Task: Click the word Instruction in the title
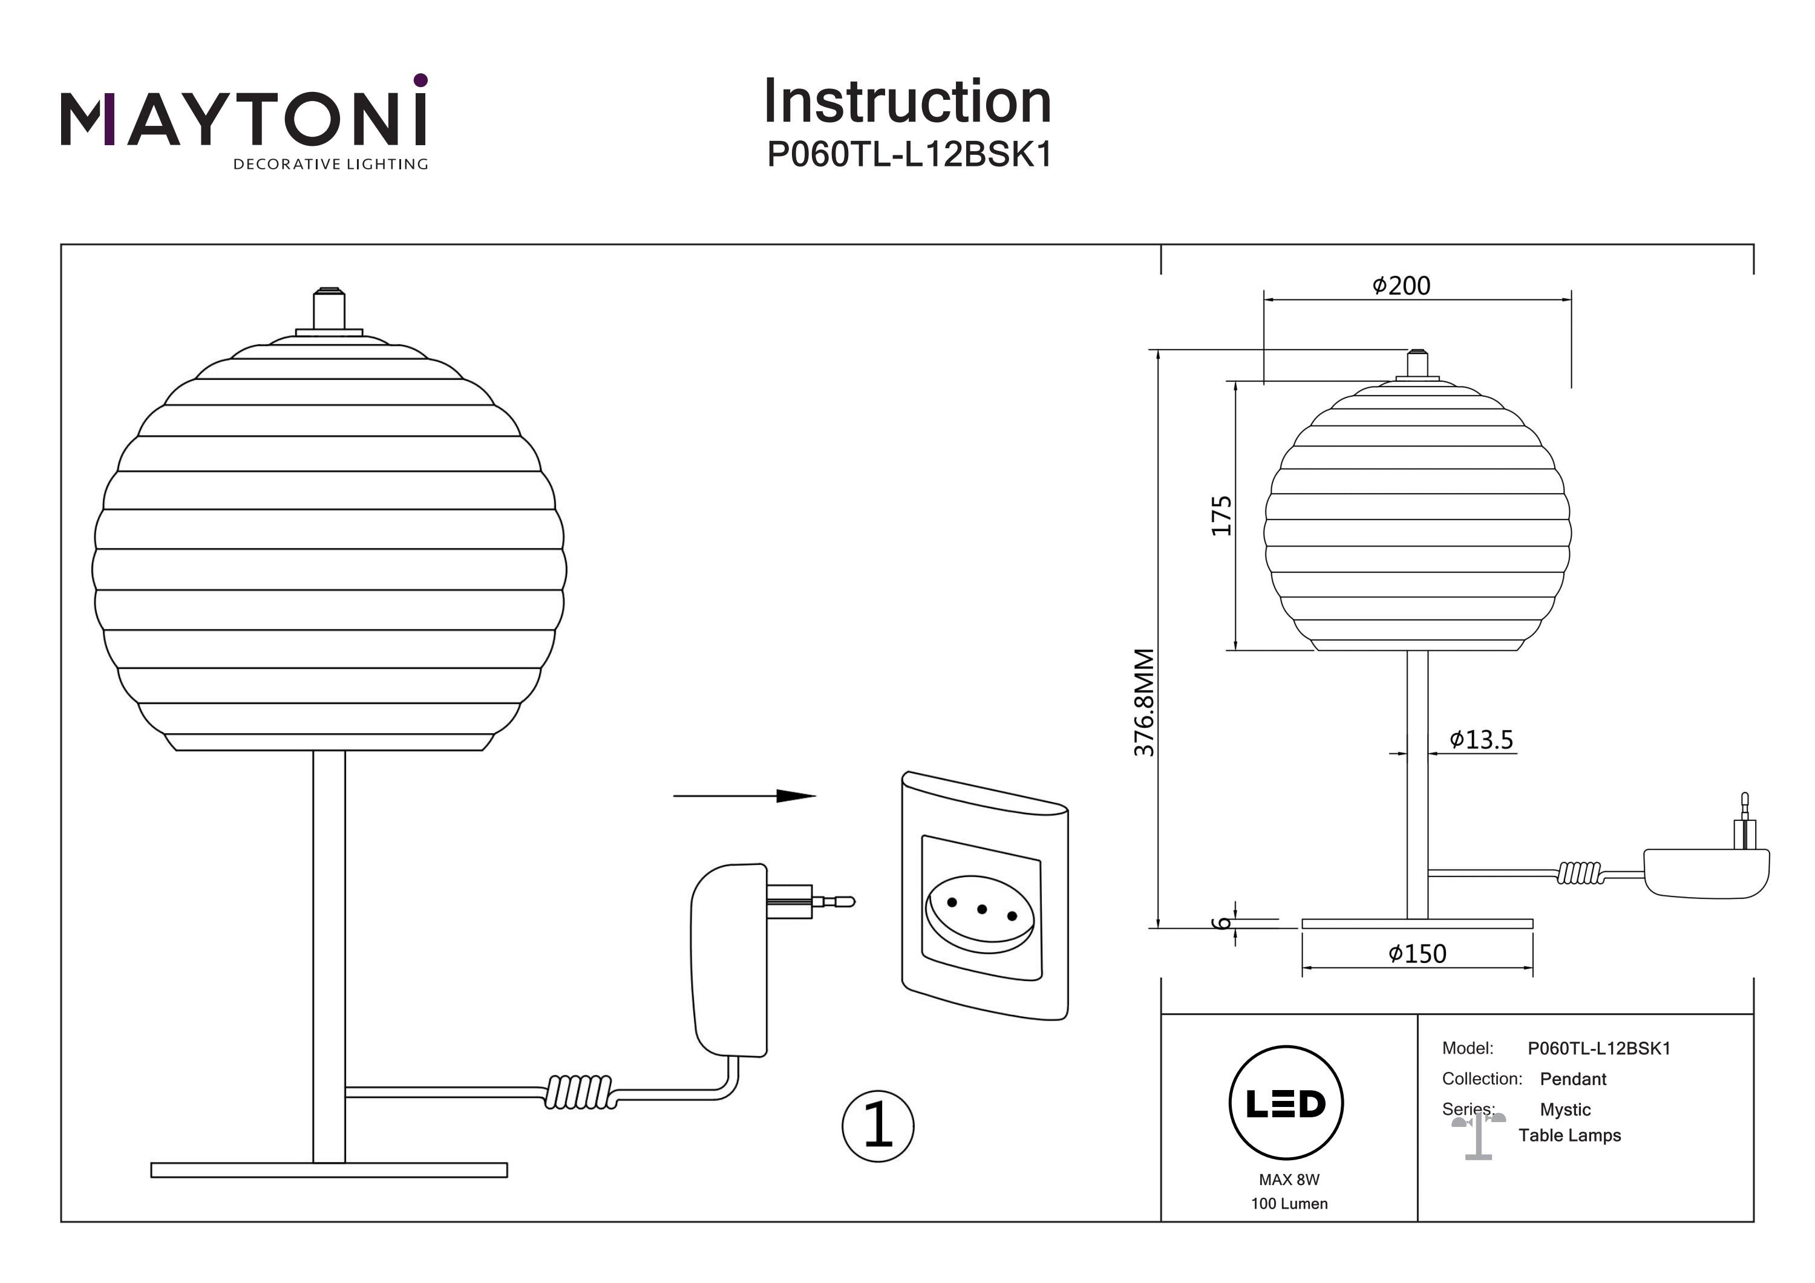pos(907,102)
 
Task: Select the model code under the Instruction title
pos(909,155)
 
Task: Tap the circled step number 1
pos(877,1126)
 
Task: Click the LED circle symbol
pos(1286,1103)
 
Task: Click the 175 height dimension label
pos(1222,515)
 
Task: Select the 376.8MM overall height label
pos(1144,702)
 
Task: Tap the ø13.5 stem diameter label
pos(1480,740)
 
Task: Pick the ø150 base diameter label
pos(1418,954)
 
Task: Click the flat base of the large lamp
pos(329,1170)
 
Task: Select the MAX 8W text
pos(1289,1180)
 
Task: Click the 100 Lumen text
pos(1289,1204)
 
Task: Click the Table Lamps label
pos(1569,1136)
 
